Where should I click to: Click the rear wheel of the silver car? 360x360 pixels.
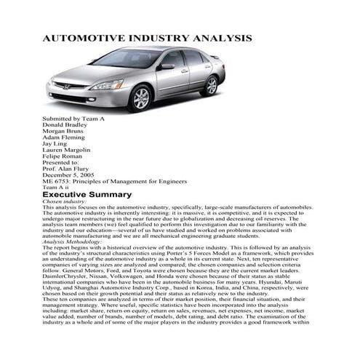(210, 84)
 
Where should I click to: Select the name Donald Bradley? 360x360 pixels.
(66, 124)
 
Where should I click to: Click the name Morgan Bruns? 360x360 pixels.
(65, 131)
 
